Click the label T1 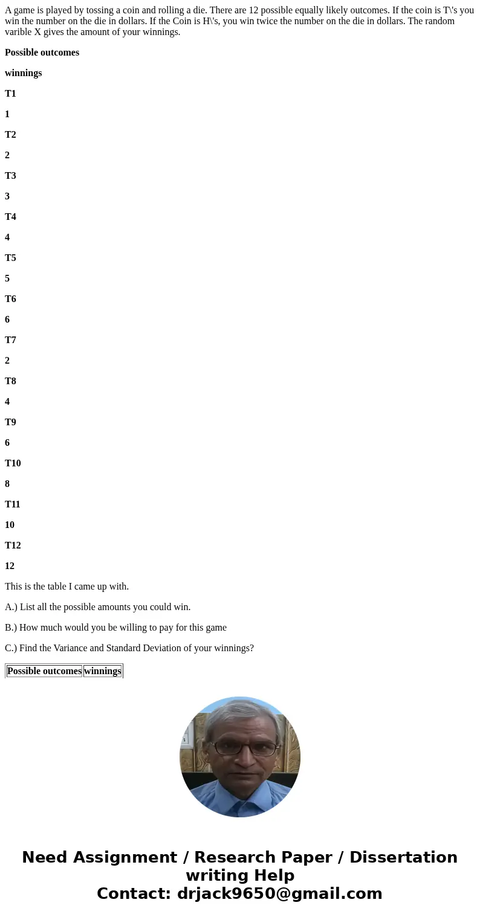click(10, 94)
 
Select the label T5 click(10, 258)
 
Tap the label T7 click(10, 340)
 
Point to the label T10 click(13, 463)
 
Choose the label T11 click(13, 504)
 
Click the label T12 click(13, 545)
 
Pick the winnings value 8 click(7, 484)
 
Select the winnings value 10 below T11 click(10, 525)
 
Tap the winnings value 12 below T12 click(10, 566)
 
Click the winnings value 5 click(7, 278)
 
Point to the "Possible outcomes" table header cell click(44, 671)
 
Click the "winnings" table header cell click(103, 671)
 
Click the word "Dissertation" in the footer click(403, 858)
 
